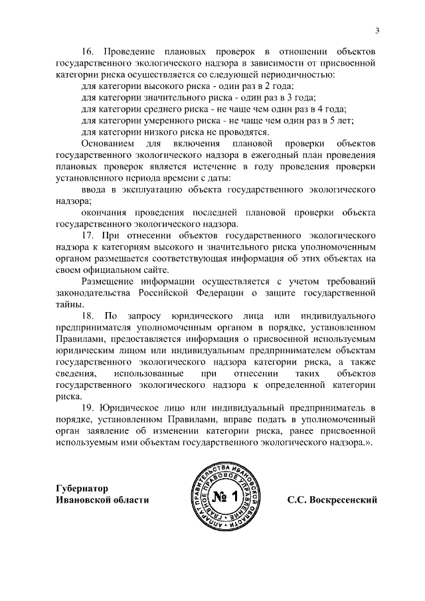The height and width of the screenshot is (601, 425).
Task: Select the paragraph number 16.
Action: coord(88,51)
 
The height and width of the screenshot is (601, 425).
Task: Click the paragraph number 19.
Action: coord(88,405)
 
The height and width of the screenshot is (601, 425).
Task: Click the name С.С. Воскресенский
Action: coord(332,499)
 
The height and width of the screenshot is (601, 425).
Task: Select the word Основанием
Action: coord(106,143)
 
